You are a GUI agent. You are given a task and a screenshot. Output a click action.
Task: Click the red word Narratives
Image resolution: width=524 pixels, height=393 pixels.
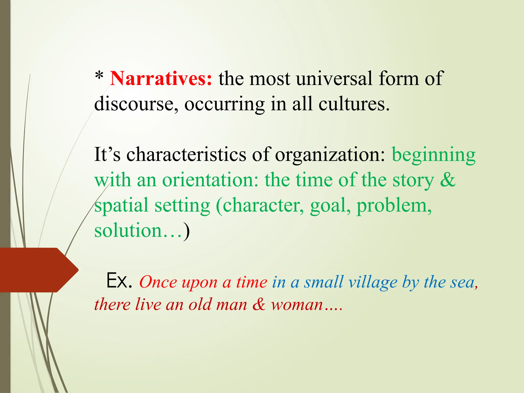[x=161, y=79]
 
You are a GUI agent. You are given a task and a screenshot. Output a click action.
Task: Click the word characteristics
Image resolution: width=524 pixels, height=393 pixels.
[x=186, y=155]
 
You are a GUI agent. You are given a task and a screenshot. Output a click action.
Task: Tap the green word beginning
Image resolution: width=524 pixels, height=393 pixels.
[x=433, y=155]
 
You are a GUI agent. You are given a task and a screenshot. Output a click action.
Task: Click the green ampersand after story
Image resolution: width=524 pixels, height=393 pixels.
[x=447, y=180]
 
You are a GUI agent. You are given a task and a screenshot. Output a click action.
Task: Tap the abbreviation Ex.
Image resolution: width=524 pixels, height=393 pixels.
[x=119, y=281]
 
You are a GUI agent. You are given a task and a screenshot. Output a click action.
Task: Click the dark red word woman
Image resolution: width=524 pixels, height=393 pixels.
[x=297, y=305]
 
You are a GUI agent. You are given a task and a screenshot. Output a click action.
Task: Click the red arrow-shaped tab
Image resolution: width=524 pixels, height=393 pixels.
[x=38, y=270]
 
